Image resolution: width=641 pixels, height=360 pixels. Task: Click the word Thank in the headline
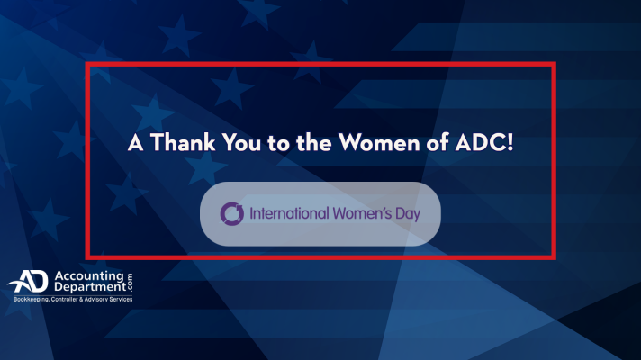coord(183,142)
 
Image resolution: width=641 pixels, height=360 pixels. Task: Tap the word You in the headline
coord(241,142)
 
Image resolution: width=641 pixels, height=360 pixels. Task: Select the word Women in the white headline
coord(374,142)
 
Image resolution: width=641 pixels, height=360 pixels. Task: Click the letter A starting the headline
coord(136,142)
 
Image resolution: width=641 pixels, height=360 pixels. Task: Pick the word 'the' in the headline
coord(313,142)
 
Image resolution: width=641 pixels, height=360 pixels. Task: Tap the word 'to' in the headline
coord(278,143)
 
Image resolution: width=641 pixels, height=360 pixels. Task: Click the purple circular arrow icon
coord(231,213)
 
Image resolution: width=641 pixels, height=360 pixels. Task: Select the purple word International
coord(289,213)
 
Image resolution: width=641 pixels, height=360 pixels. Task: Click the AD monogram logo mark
coord(29,281)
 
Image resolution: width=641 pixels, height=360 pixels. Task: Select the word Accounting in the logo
coord(89,276)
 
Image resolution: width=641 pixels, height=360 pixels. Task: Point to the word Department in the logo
coord(90,287)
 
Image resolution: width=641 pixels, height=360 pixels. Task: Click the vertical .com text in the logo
coord(130,283)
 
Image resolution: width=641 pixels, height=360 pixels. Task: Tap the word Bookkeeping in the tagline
coord(31,300)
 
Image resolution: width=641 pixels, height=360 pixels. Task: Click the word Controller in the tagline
coord(64,299)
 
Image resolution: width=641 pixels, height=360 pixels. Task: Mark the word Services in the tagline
coord(121,299)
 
